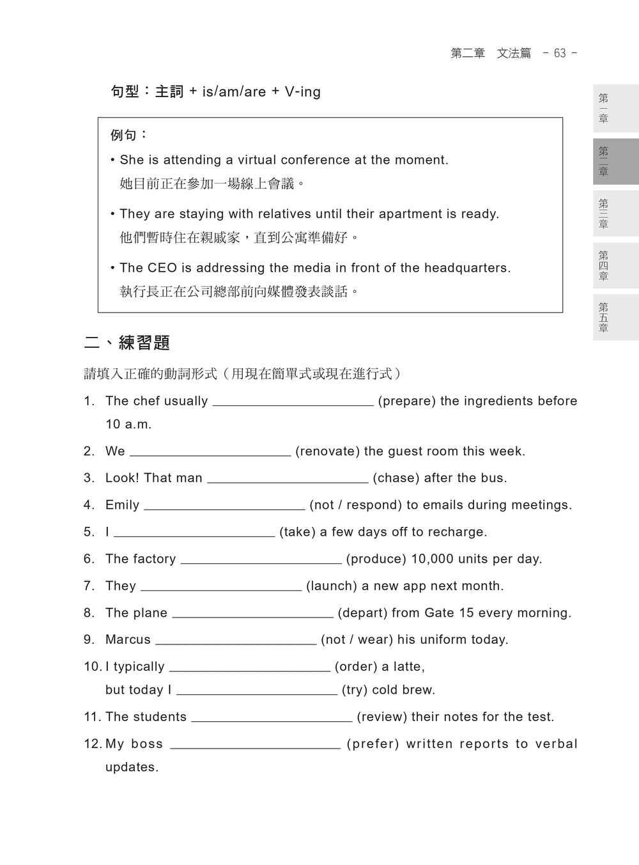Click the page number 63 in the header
point(560,54)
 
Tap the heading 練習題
point(144,343)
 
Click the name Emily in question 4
point(122,505)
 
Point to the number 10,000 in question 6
point(432,559)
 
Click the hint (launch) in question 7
point(332,586)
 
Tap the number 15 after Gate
point(466,613)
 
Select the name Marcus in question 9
point(128,640)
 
